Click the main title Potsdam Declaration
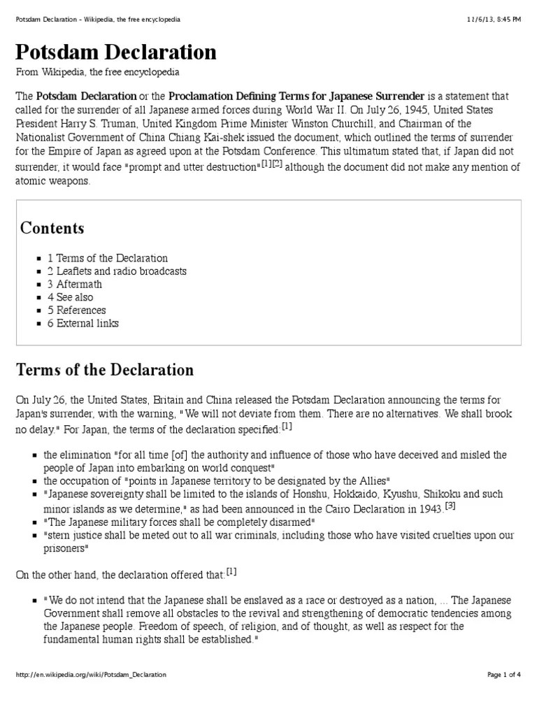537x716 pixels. pyautogui.click(x=116, y=53)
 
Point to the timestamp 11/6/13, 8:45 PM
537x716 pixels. pyautogui.click(x=494, y=20)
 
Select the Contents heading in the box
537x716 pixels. pyautogui.click(x=52, y=228)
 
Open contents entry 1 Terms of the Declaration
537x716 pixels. pyautogui.click(x=108, y=258)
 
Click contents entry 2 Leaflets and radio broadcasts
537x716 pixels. pyautogui.click(x=117, y=271)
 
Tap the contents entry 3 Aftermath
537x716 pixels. pyautogui.click(x=75, y=284)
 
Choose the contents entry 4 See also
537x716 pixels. pyautogui.click(x=70, y=297)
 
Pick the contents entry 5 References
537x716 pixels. pyautogui.click(x=77, y=310)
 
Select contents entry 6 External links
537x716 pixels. pyautogui.click(x=83, y=323)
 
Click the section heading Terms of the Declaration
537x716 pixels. pyautogui.click(x=105, y=369)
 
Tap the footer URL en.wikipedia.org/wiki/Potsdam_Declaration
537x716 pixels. pyautogui.click(x=91, y=675)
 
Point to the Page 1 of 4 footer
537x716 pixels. pyautogui.click(x=503, y=675)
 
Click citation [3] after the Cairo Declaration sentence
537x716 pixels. pyautogui.click(x=450, y=505)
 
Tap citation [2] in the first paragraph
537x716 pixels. pyautogui.click(x=278, y=164)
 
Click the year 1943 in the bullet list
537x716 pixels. pyautogui.click(x=428, y=509)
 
